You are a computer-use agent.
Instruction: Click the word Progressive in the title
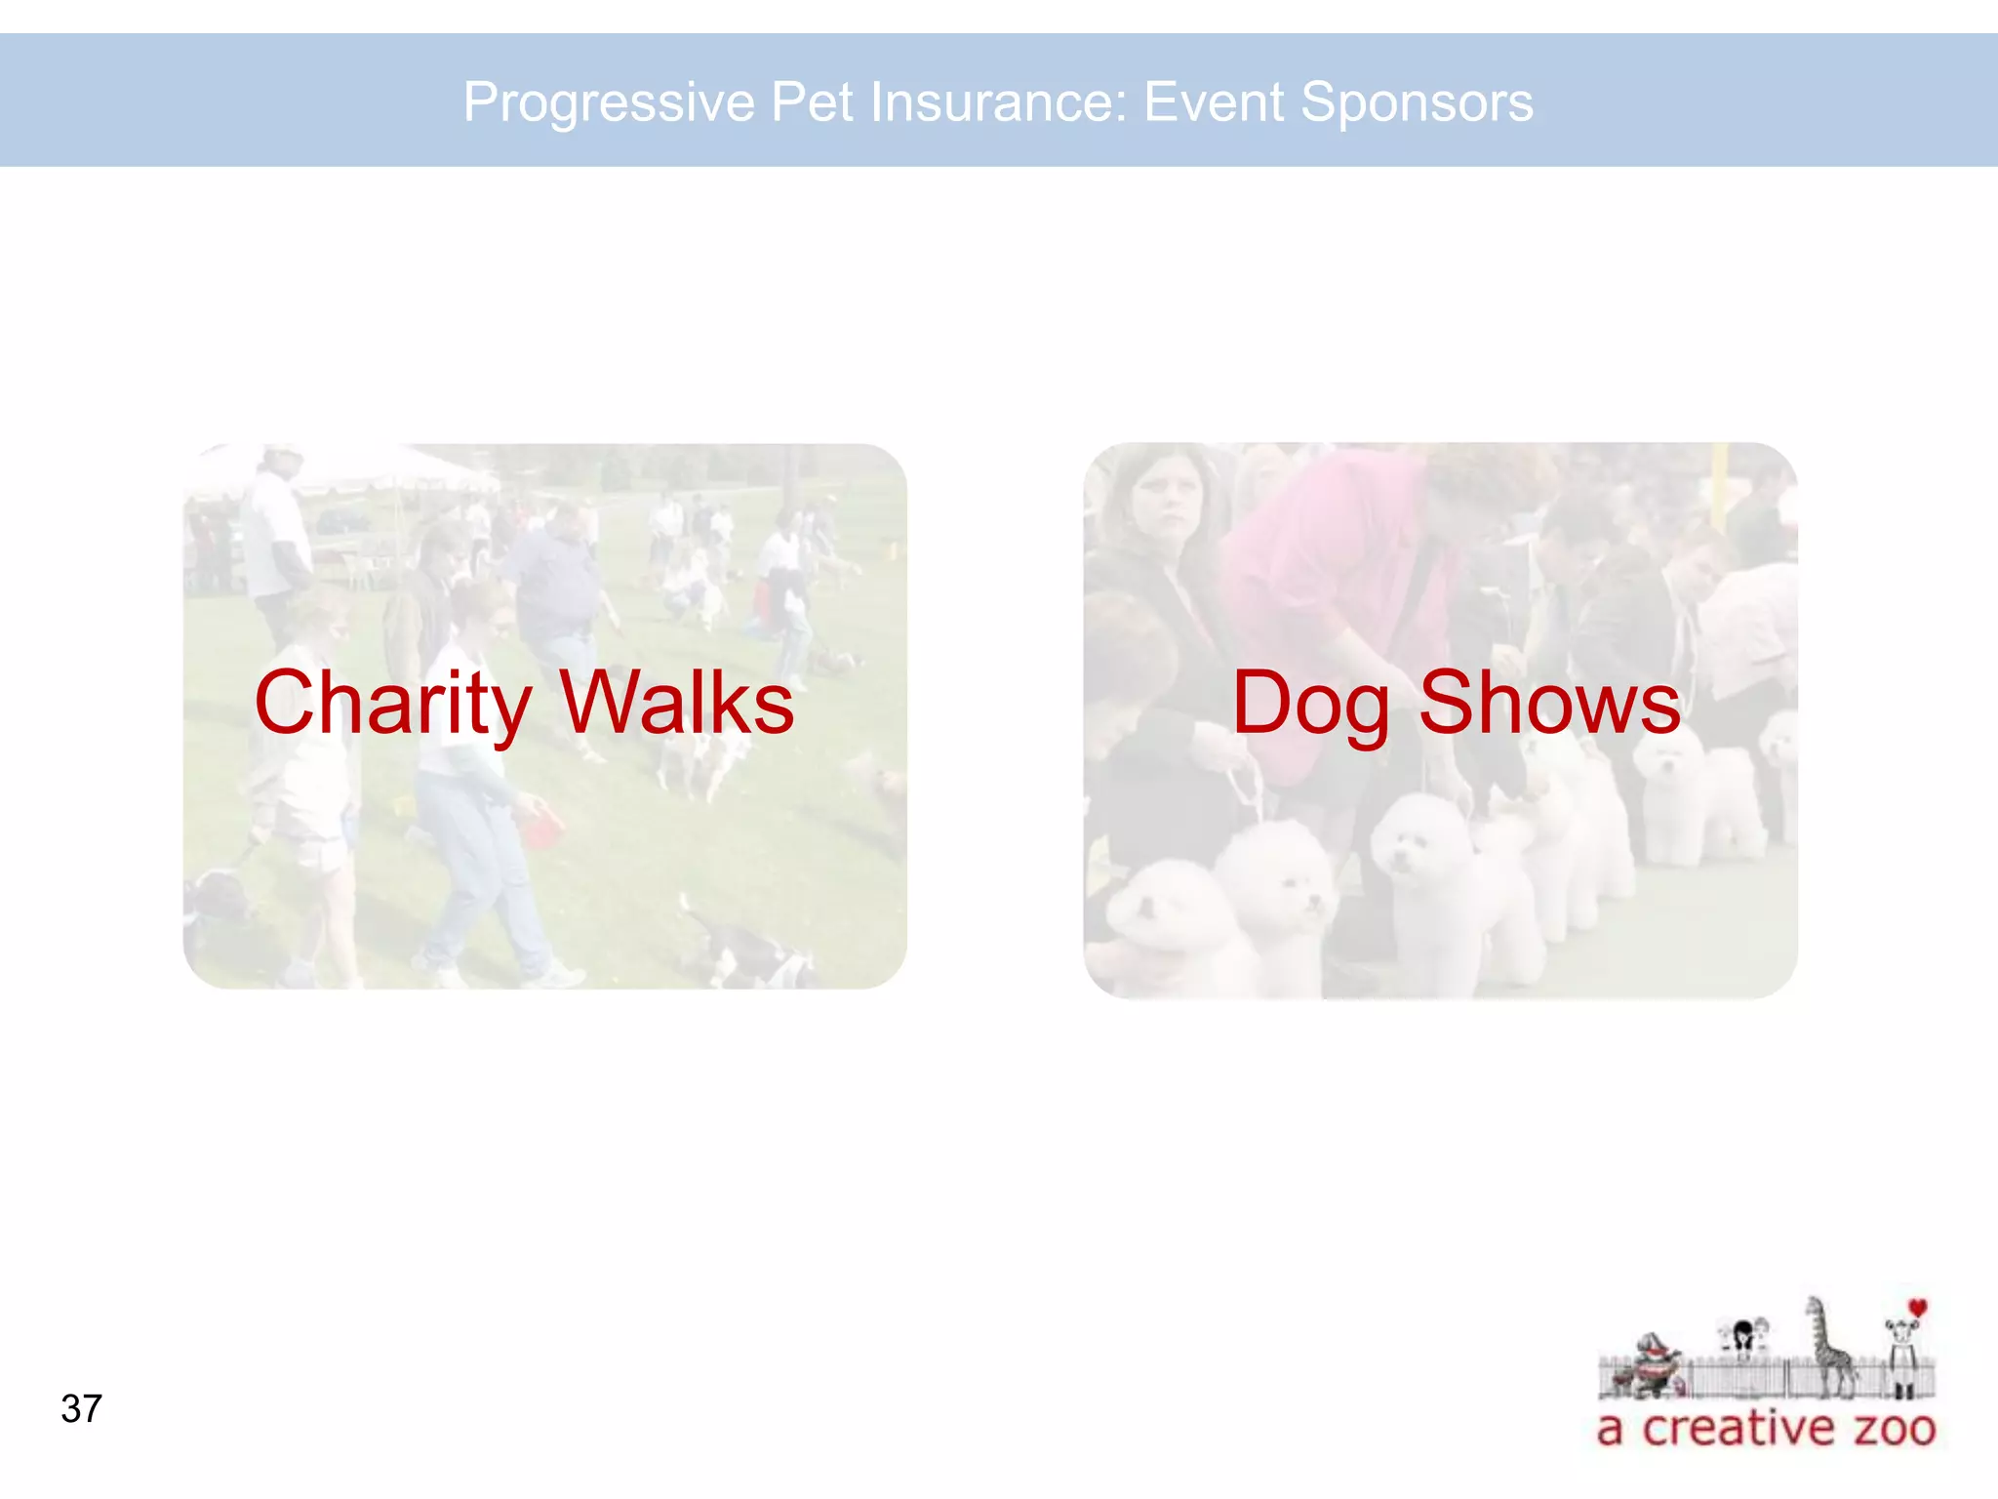(609, 102)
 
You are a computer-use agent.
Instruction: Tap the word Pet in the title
(811, 102)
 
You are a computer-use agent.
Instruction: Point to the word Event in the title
(1214, 102)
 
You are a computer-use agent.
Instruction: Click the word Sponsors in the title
(1417, 102)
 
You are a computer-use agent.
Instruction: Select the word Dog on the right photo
(1310, 705)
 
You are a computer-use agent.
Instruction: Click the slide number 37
(81, 1409)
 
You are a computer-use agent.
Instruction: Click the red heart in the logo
(1918, 1308)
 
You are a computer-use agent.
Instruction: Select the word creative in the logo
(1738, 1429)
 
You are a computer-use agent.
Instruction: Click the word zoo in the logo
(1895, 1429)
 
